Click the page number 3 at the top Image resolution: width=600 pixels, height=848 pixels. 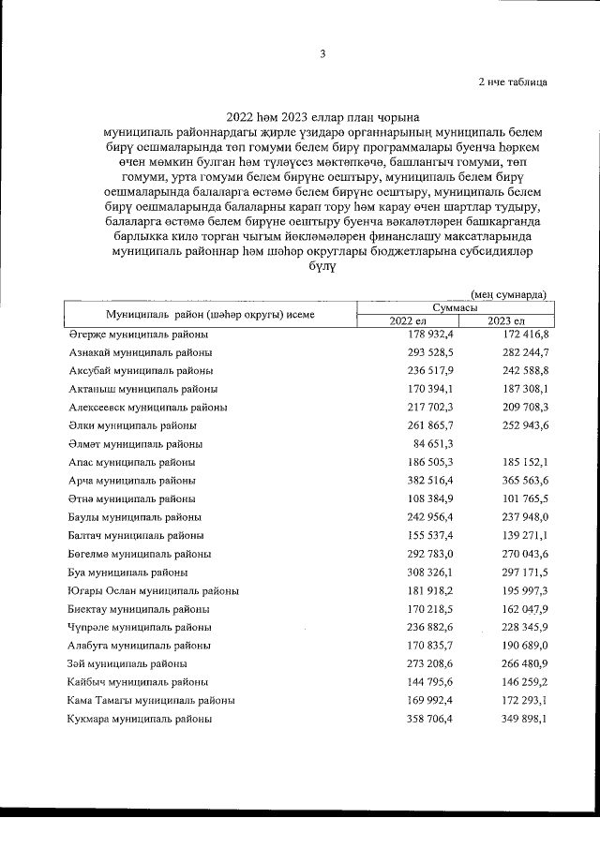[x=322, y=53]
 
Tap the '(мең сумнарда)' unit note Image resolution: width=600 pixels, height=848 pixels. [x=508, y=294]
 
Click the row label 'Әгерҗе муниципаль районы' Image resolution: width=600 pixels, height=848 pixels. [x=139, y=335]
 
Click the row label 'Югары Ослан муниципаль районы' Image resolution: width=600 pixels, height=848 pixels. [x=153, y=591]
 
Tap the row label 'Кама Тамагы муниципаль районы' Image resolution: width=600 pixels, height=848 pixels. [x=151, y=700]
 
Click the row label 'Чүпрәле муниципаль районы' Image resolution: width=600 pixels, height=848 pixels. [x=139, y=627]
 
